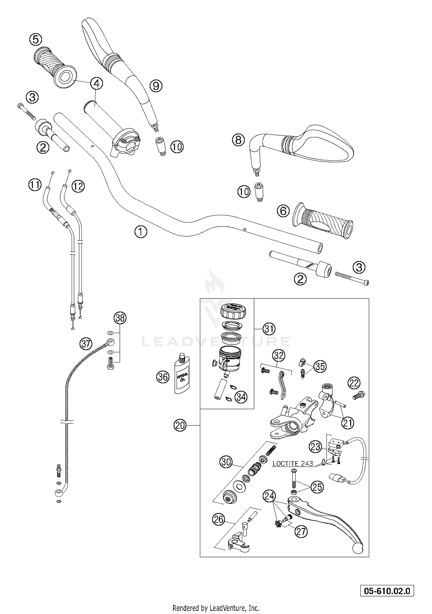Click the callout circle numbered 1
(141, 232)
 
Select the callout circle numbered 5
(35, 39)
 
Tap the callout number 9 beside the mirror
(156, 85)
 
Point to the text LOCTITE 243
(293, 464)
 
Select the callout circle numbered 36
(163, 377)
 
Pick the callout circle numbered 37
(86, 344)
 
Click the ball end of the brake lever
(358, 548)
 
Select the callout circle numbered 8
(238, 140)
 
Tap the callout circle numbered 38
(120, 318)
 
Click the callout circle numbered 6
(283, 211)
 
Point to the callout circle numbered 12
(78, 186)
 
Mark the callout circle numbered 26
(218, 520)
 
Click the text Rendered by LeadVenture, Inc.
(216, 608)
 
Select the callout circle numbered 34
(241, 397)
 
